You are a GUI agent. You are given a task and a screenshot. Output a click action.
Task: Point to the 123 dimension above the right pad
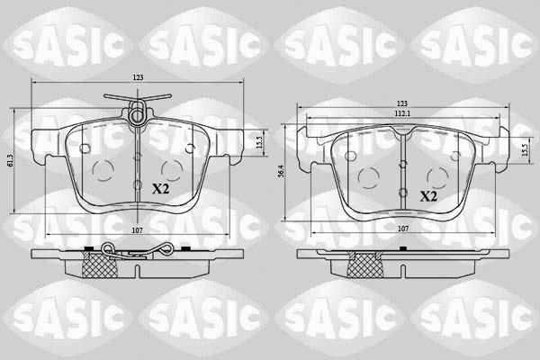click(402, 104)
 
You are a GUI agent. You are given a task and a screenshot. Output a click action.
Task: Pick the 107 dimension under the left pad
click(137, 231)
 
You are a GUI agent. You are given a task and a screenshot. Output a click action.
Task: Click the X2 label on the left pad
click(161, 189)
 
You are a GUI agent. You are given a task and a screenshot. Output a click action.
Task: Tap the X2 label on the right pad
click(428, 195)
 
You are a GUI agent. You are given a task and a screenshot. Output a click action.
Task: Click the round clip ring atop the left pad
click(138, 114)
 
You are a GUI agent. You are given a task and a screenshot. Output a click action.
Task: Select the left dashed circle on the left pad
click(101, 170)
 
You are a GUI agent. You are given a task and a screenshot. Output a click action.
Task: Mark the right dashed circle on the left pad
click(171, 168)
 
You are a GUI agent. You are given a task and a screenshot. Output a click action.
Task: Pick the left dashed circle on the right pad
click(367, 176)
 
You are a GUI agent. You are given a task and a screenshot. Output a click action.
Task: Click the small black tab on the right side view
click(349, 248)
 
